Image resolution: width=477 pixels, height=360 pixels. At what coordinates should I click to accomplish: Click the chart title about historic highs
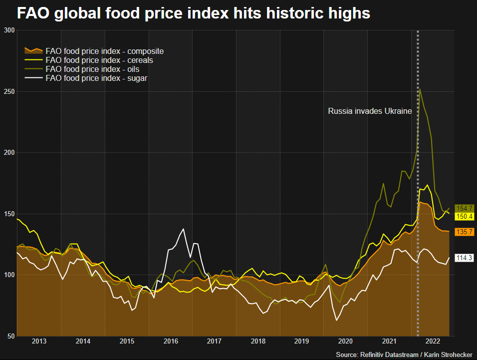coord(194,13)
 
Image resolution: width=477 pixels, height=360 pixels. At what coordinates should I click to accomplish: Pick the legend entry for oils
coord(92,69)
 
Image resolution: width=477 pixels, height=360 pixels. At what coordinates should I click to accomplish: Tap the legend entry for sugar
coord(96,78)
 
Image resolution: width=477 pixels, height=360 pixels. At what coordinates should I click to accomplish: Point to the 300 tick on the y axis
coord(8,30)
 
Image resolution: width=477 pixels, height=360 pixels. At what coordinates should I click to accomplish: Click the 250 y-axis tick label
coord(8,92)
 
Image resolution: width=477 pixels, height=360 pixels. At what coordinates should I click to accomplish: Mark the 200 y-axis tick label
coord(8,153)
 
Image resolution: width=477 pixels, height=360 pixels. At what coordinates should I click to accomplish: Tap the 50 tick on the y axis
coord(10,336)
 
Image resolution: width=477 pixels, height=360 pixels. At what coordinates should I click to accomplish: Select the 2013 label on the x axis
coord(39,342)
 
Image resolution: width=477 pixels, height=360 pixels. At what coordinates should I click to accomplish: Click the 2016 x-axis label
coord(171,342)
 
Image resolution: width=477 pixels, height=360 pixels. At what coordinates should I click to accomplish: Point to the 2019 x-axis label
coord(302,342)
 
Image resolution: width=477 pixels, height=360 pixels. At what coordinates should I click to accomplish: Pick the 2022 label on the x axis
coord(433,342)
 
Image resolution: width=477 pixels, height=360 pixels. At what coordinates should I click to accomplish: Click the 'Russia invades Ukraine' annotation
coord(370,111)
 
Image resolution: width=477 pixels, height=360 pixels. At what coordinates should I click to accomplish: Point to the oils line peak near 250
coord(420,89)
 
